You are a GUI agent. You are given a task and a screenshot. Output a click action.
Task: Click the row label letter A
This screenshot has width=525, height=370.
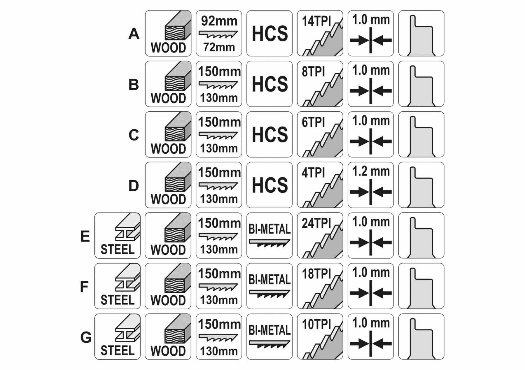coord(134,34)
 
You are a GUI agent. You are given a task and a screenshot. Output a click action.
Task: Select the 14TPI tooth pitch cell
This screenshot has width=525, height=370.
coord(320,33)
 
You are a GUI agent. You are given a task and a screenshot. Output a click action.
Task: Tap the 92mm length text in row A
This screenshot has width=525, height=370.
coord(219,21)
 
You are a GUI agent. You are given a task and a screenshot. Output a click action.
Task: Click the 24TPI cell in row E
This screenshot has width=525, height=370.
coord(320,235)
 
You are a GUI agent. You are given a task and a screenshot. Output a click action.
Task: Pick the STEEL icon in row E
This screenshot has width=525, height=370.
coord(117,235)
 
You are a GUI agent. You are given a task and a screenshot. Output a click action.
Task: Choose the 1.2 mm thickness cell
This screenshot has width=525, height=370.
coord(370,185)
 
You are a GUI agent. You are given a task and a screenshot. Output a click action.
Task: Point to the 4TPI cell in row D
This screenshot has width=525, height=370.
coord(320,185)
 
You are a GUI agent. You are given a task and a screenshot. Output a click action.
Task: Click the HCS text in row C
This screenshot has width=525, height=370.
coord(269,134)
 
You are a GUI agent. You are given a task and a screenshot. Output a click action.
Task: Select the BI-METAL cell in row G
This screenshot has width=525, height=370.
coord(269,336)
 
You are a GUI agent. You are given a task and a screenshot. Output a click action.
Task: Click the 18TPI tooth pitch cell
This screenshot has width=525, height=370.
coord(320,286)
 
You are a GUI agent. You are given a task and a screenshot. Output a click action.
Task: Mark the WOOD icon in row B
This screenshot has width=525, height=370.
coord(168,84)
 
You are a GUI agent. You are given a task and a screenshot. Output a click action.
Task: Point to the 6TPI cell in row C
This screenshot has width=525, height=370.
coord(320,134)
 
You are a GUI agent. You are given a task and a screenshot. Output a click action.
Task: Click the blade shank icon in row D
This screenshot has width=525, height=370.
coord(421,185)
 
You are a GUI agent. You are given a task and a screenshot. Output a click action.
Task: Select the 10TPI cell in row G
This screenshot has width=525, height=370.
coord(320,336)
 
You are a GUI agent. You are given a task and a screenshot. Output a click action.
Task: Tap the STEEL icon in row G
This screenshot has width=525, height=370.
coord(117,336)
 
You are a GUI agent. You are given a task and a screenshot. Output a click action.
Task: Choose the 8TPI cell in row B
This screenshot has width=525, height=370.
coord(320,84)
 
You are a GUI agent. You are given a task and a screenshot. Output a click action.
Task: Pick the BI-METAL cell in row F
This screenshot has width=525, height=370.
coord(269,286)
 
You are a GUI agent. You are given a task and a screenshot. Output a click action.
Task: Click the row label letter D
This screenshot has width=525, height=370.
coord(134,186)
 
